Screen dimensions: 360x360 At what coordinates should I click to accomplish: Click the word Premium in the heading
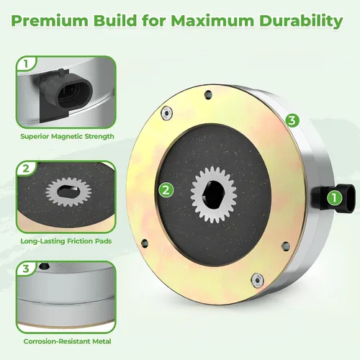50,21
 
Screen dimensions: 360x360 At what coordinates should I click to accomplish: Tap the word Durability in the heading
301,22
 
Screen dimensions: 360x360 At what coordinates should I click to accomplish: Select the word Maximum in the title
212,21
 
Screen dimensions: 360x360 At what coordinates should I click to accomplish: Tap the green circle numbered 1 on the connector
334,198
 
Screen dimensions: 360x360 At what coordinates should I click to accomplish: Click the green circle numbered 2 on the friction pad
166,190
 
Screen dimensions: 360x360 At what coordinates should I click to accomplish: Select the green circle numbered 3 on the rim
292,120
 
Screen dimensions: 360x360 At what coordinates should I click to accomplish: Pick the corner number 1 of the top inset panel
26,64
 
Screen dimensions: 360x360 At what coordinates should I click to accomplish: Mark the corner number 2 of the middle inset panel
26,168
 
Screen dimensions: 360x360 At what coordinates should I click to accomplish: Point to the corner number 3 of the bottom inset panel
26,269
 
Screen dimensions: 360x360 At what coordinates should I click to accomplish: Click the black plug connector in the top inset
66,92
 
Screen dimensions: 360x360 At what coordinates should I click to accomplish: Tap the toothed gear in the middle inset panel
68,192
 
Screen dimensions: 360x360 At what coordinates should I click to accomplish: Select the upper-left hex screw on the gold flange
167,112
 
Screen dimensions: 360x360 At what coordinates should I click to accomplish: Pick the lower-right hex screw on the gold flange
258,280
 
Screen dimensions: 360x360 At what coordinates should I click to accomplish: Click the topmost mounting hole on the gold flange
209,94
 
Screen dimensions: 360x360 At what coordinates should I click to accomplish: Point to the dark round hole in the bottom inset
44,266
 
